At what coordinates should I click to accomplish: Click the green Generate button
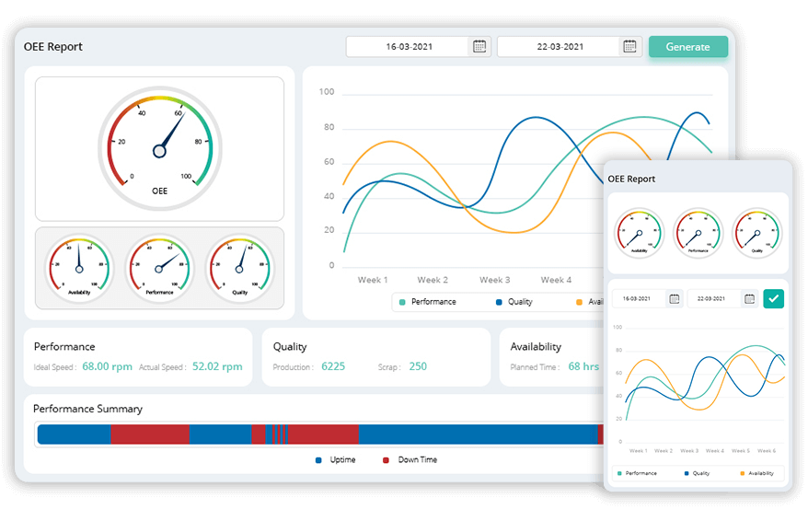[x=687, y=47]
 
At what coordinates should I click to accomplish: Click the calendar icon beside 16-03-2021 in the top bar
[x=479, y=46]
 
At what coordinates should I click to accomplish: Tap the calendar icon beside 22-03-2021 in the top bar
[x=629, y=46]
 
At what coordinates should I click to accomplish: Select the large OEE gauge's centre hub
[x=159, y=150]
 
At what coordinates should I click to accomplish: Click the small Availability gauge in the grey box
[x=79, y=267]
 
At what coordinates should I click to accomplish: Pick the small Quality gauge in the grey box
[x=239, y=267]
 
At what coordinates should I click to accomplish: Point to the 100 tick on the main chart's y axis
[x=327, y=92]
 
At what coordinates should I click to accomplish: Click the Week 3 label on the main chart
[x=493, y=280]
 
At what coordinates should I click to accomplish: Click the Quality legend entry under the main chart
[x=514, y=302]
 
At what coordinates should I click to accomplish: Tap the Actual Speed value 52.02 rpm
[x=217, y=366]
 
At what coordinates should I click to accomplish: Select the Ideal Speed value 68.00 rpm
[x=108, y=366]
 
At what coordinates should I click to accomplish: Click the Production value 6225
[x=333, y=366]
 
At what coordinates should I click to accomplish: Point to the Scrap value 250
[x=418, y=366]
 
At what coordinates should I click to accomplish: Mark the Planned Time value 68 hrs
[x=583, y=366]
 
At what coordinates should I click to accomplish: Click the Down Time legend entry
[x=410, y=459]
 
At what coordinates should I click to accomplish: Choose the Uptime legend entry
[x=336, y=459]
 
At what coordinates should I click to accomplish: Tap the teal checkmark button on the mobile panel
[x=773, y=298]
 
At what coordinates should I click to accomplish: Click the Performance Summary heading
[x=87, y=409]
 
